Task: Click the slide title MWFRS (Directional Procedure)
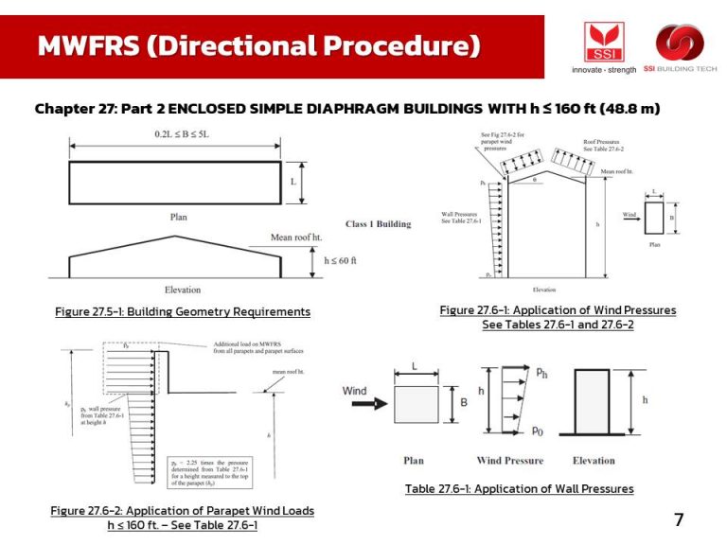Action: click(x=258, y=45)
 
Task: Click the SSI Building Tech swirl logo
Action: click(x=680, y=44)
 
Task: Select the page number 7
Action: click(x=678, y=519)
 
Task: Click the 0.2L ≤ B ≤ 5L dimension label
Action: click(x=181, y=135)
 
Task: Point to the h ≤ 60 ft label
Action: click(x=340, y=260)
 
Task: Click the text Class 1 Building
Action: click(x=379, y=224)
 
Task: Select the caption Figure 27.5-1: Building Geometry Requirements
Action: click(x=183, y=311)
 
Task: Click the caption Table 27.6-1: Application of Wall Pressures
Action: click(x=519, y=488)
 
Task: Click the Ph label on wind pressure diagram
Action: click(x=541, y=373)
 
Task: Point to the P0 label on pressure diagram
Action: click(x=537, y=431)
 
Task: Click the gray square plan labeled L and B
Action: click(x=416, y=404)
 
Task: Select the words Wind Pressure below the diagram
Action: click(x=510, y=461)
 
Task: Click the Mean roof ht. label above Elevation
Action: click(x=294, y=237)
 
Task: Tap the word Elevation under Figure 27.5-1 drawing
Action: click(x=183, y=289)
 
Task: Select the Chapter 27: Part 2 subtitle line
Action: click(x=346, y=109)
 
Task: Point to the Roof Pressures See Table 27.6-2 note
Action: click(x=603, y=146)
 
